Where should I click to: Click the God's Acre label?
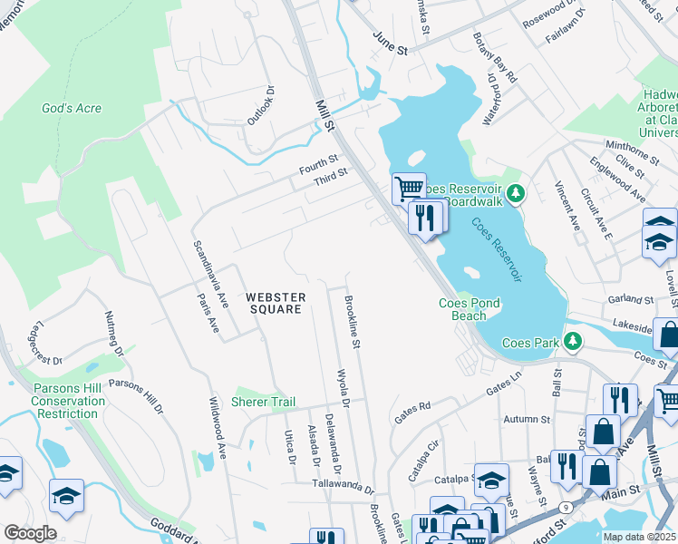tap(72, 109)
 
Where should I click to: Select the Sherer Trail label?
tap(264, 402)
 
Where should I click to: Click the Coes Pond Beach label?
tap(469, 309)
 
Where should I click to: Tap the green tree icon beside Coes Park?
tap(572, 342)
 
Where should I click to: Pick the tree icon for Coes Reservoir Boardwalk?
tap(515, 192)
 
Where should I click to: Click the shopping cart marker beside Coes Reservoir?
tap(409, 188)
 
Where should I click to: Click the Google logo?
tap(29, 533)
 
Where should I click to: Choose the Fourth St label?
tap(318, 164)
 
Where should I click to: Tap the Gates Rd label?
tap(412, 413)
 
